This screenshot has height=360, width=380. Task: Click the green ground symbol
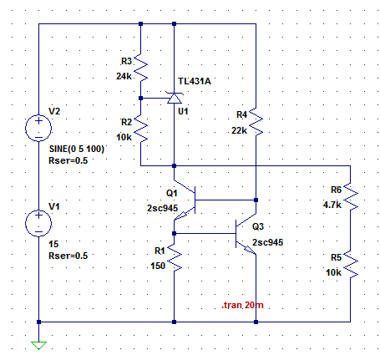38,345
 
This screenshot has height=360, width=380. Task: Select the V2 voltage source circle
38,115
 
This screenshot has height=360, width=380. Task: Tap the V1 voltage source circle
38,210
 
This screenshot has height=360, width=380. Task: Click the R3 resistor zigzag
141,68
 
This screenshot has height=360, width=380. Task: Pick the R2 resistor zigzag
141,129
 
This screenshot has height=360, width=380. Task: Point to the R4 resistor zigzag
256,122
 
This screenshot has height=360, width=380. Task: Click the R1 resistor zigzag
175,257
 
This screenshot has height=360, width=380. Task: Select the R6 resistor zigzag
350,197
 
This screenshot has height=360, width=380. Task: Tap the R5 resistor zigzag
350,265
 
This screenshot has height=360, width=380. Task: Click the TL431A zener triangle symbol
175,98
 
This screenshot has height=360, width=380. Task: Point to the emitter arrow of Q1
182,215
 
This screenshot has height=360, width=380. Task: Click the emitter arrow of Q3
250,249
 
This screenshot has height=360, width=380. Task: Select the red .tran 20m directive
242,305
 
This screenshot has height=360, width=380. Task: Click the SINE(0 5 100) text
77,149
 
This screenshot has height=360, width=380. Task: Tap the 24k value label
124,76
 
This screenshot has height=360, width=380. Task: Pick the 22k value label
239,130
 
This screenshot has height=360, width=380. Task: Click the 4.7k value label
332,205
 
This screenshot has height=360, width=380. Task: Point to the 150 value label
158,266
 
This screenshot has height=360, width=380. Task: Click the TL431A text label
195,81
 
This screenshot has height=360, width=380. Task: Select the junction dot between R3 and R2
141,98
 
